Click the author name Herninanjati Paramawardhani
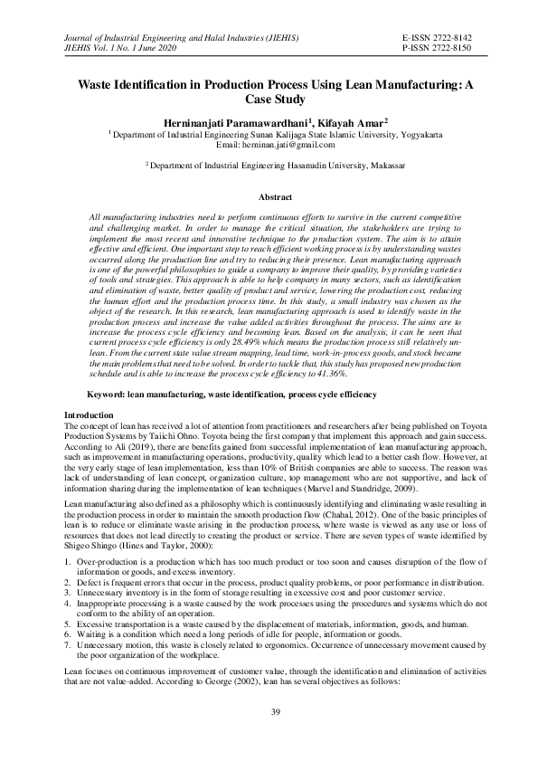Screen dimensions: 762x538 point(234,122)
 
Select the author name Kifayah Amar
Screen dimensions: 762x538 point(350,122)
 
